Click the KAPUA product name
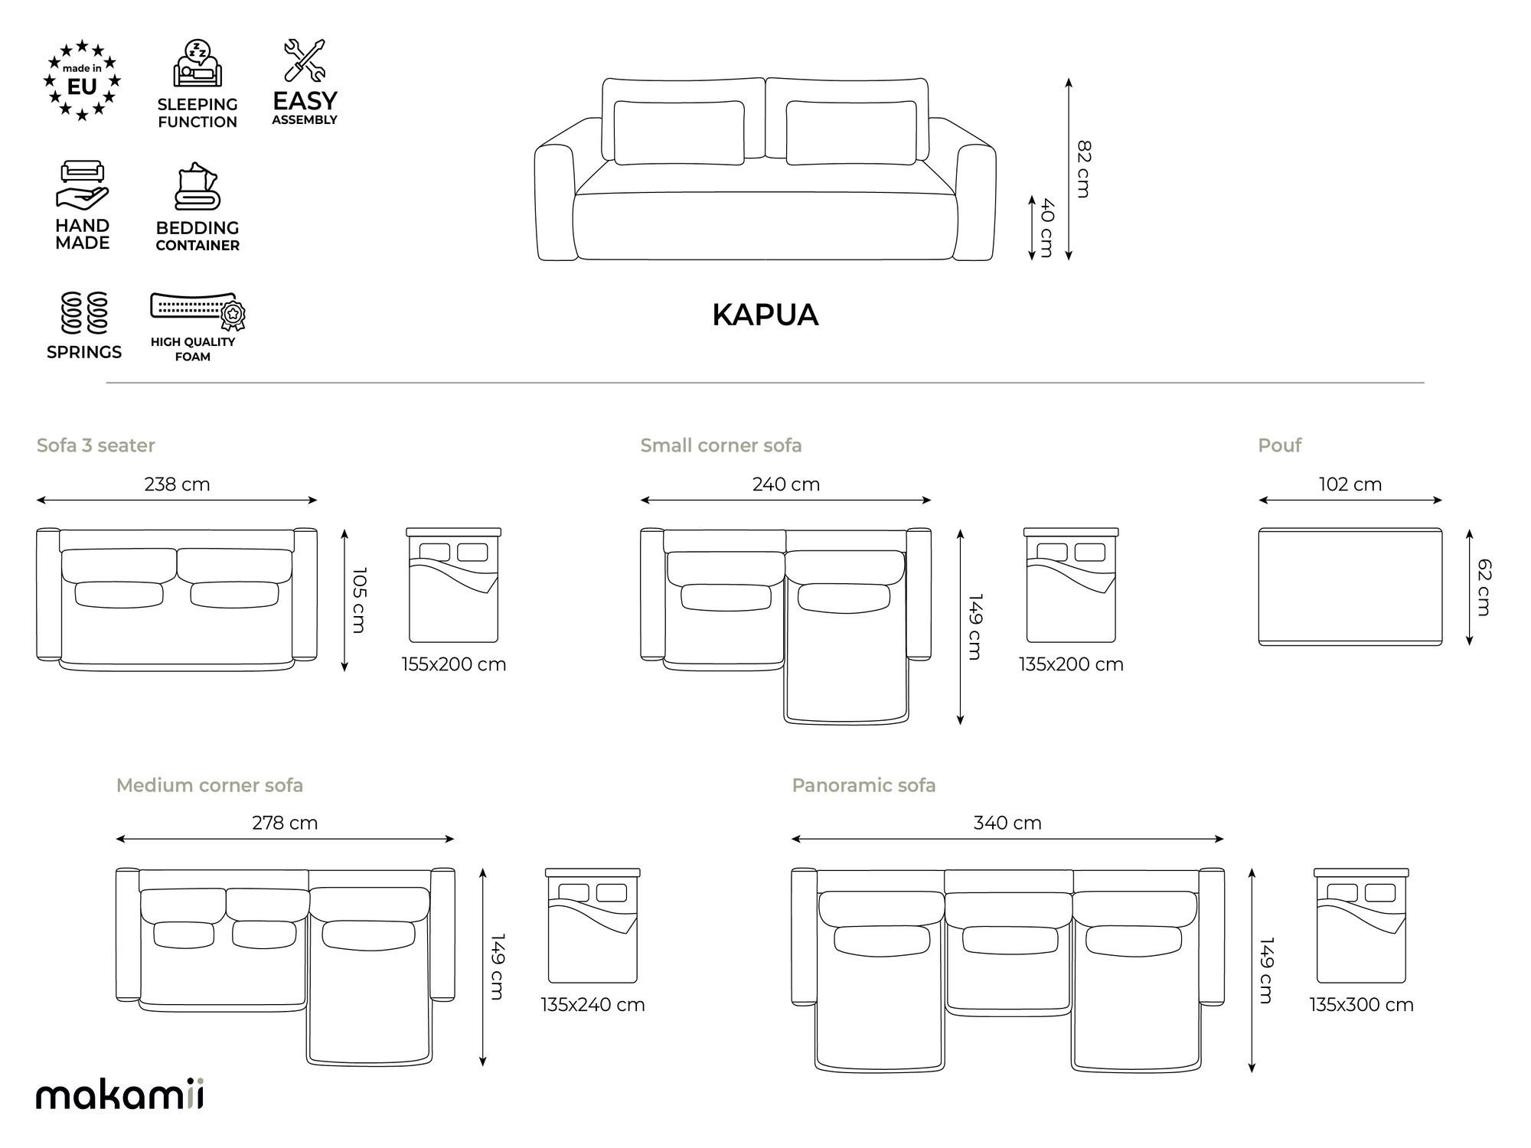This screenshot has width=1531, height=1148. tap(765, 315)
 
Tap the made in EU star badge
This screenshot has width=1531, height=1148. tap(82, 81)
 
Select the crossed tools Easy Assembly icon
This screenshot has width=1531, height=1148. tap(305, 60)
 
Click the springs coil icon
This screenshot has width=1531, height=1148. tap(84, 313)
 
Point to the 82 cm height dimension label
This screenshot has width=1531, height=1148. tap(1084, 169)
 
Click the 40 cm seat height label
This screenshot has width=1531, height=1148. tap(1047, 228)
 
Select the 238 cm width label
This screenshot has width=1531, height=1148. tap(177, 484)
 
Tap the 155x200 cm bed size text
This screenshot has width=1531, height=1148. tap(454, 664)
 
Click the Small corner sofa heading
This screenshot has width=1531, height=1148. tap(720, 445)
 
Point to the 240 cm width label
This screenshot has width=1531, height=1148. tap(785, 484)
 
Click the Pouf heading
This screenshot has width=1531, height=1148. tap(1279, 445)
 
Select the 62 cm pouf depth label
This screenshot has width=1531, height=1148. tap(1484, 587)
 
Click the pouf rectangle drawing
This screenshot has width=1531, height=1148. tap(1350, 586)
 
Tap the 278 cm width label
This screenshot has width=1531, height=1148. tap(285, 823)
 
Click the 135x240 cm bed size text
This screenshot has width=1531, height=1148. tap(592, 1005)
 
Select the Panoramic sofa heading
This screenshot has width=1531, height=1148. tap(863, 785)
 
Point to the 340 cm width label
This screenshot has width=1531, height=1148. tap(1007, 823)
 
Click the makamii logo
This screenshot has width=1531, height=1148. tap(120, 1095)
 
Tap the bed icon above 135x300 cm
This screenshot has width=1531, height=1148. tap(1361, 925)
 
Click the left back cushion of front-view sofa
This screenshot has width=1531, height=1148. tap(679, 132)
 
